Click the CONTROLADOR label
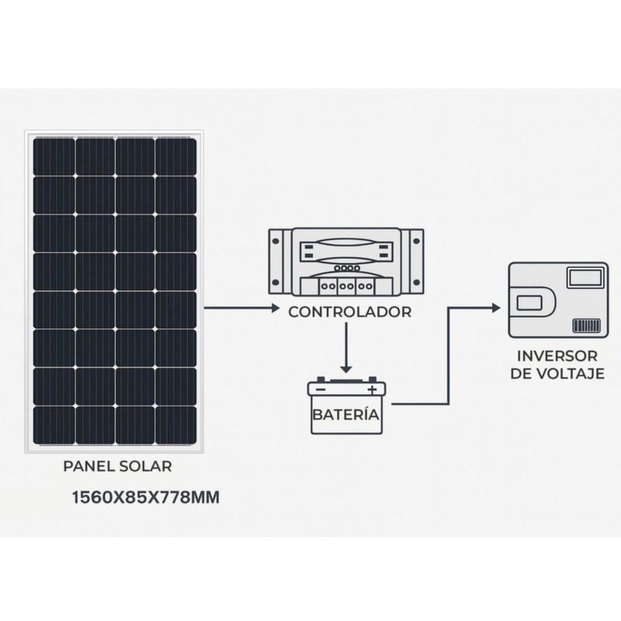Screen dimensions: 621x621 click(350, 312)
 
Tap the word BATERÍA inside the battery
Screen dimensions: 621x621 click(346, 415)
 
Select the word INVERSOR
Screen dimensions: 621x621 click(557, 356)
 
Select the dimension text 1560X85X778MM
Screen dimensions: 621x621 click(145, 498)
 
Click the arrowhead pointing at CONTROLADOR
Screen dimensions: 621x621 click(276, 307)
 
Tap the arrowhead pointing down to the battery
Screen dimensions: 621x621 click(346, 369)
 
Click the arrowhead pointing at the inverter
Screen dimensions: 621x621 click(496, 307)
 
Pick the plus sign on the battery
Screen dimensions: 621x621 click(372, 390)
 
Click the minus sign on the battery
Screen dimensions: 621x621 click(321, 390)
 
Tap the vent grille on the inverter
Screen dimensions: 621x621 click(587, 325)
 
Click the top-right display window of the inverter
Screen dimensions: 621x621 click(586, 278)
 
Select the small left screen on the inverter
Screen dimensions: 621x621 click(529, 304)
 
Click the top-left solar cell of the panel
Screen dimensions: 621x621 click(54, 157)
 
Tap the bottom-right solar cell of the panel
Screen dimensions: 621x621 click(176, 425)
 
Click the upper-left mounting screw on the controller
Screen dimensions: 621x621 click(276, 241)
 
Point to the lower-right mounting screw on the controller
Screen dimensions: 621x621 click(416, 283)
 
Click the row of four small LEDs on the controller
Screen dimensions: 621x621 click(347, 268)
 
